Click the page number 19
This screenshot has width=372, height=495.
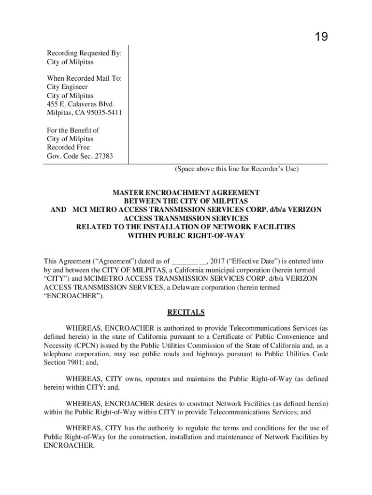click(x=321, y=37)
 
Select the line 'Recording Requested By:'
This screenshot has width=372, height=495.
click(x=84, y=53)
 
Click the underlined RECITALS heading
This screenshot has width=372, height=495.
click(x=186, y=312)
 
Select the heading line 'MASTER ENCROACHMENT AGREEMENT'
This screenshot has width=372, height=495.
click(x=186, y=192)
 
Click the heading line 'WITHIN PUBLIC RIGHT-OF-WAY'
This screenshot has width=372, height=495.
click(x=186, y=236)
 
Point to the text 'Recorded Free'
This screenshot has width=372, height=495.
click(x=68, y=147)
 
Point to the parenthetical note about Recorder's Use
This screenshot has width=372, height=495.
click(x=237, y=169)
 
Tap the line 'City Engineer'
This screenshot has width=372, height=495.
click(x=67, y=87)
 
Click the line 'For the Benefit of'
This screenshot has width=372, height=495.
click(x=73, y=130)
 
